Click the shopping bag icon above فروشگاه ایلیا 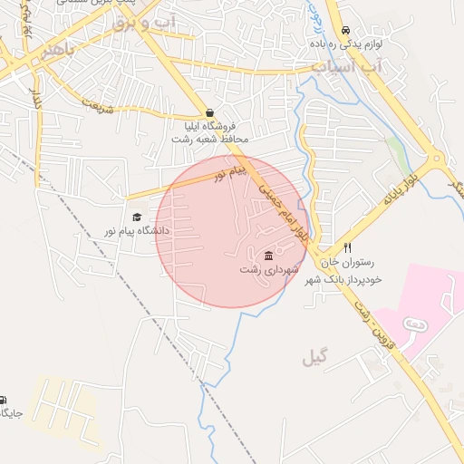coord(210,112)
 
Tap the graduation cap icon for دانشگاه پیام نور coord(137,217)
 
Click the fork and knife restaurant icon coord(347,248)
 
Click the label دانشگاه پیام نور coord(137,231)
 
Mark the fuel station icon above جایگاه coord(3,400)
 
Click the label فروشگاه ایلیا coord(210,126)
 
